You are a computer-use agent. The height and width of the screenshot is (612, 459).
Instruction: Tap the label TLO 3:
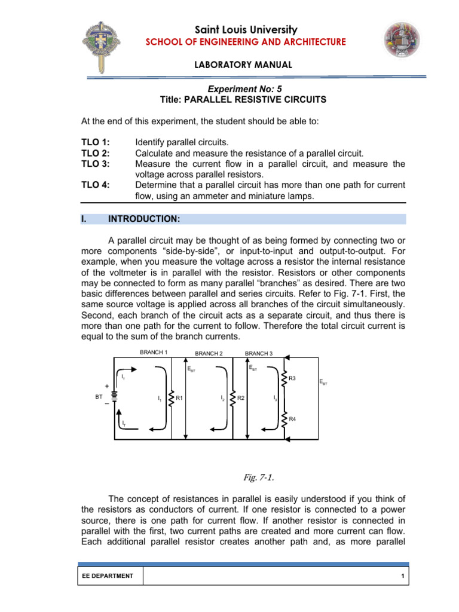click(x=96, y=164)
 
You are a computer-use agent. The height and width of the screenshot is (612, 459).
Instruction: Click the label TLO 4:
click(x=96, y=185)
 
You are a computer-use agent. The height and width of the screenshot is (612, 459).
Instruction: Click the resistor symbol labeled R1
click(x=172, y=397)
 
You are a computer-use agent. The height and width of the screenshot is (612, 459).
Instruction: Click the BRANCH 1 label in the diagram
click(x=153, y=352)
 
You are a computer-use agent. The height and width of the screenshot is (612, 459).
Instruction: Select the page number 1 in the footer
click(x=404, y=576)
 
